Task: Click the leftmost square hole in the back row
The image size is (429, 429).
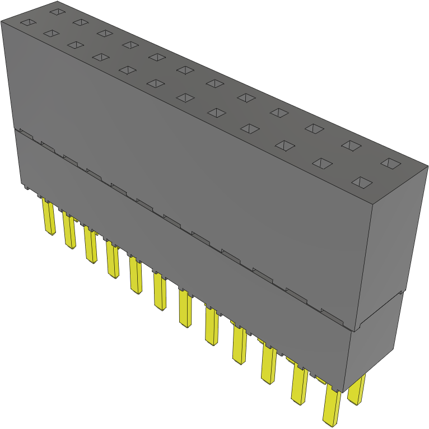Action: pos(56,11)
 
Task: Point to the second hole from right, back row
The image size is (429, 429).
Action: pos(351,146)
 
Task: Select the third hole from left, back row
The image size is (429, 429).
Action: pos(104,33)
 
